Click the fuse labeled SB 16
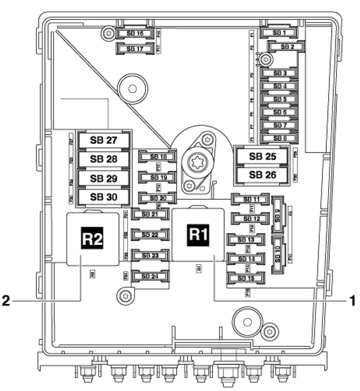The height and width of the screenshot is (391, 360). [134, 33]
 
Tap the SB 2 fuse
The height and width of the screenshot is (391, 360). [287, 47]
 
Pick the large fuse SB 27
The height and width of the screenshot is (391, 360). [103, 140]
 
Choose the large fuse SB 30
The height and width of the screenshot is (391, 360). [103, 196]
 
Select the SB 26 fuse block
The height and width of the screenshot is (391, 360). [262, 174]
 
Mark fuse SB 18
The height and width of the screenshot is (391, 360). [154, 156]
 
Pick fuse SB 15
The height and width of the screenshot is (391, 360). [245, 278]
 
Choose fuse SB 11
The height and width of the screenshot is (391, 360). [249, 199]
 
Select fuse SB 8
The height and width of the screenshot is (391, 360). [280, 138]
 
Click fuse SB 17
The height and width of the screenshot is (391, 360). [134, 49]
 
